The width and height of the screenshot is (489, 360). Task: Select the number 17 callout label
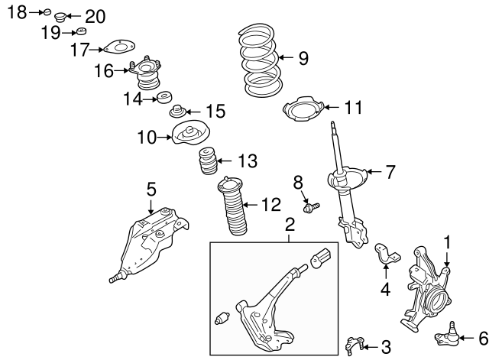80,50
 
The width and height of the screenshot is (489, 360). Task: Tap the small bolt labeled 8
311,207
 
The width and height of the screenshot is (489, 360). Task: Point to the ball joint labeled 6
447,336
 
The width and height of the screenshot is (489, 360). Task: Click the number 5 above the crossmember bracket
151,190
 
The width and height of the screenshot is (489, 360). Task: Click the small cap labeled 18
47,12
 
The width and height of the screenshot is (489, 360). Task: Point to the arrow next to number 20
74,15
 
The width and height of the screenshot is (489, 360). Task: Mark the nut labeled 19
81,31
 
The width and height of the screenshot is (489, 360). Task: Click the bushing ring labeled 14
164,97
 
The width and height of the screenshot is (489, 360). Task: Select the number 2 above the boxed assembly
290,224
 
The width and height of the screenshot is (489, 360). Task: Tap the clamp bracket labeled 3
354,345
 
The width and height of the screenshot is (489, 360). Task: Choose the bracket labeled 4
387,253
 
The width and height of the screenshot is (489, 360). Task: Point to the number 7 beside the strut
390,172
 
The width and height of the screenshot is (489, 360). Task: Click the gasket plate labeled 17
119,47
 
